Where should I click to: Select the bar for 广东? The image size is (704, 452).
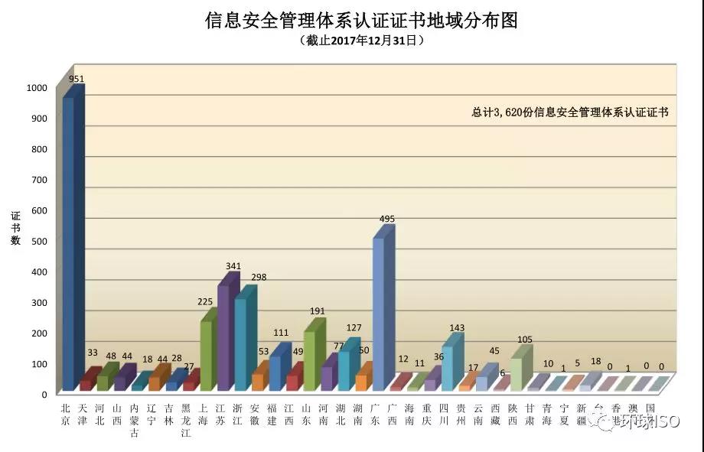pos(378,314)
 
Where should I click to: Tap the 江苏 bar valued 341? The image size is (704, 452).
pos(223,337)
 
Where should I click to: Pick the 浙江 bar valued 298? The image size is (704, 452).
pos(240,344)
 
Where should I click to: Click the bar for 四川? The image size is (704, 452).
pos(447,367)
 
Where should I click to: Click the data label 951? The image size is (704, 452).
pos(77,79)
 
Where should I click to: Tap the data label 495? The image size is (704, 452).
pos(386,219)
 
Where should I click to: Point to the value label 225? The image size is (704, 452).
pos(205,302)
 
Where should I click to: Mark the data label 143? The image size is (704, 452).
pos(457,327)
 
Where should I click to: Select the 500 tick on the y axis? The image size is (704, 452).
pos(39,241)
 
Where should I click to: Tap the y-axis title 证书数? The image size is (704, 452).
pos(15,229)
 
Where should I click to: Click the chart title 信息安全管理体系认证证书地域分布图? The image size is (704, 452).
pos(361,20)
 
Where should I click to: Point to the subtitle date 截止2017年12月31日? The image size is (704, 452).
pos(361,41)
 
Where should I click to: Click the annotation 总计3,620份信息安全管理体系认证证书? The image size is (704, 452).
pos(570,112)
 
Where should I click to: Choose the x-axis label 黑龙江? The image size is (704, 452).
pos(186,419)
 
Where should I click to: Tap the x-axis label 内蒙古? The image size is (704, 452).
pos(135,419)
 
